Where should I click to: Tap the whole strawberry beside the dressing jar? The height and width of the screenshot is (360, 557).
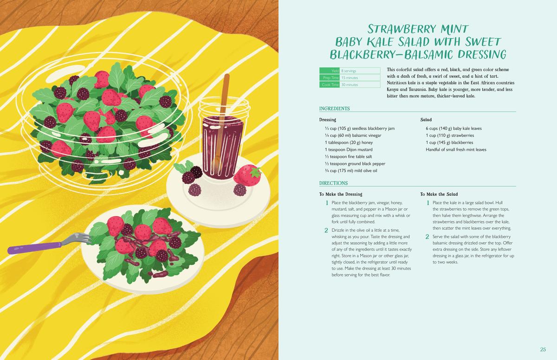pyautogui.click(x=248, y=175)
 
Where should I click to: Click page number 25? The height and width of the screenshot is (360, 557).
pyautogui.click(x=543, y=349)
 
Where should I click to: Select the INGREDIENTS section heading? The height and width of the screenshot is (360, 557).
pyautogui.click(x=335, y=109)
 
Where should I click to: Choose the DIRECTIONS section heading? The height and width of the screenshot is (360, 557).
pyautogui.click(x=333, y=183)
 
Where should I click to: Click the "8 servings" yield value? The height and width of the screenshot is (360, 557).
pyautogui.click(x=349, y=71)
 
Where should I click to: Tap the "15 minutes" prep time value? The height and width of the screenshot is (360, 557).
pyautogui.click(x=350, y=78)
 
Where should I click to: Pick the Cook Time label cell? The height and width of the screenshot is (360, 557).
pyautogui.click(x=330, y=85)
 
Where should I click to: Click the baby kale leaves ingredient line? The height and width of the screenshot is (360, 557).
pyautogui.click(x=453, y=129)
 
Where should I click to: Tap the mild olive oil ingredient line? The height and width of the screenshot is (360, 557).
pyautogui.click(x=351, y=171)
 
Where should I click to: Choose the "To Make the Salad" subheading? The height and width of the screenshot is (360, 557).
pyautogui.click(x=439, y=194)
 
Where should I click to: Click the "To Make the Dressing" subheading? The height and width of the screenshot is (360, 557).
pyautogui.click(x=341, y=194)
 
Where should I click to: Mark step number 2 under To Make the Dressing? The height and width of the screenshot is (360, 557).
pyautogui.click(x=326, y=231)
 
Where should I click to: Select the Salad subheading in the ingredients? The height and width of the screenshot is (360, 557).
pyautogui.click(x=426, y=120)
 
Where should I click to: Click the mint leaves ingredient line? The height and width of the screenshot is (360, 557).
pyautogui.click(x=456, y=149)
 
